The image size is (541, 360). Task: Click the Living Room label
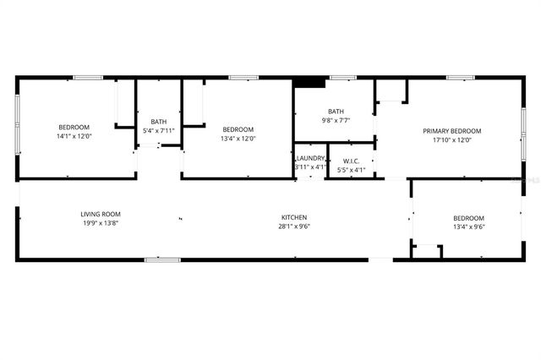pos(101,215)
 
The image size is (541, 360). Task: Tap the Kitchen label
pos(294,217)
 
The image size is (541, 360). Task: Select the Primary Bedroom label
pos(452,131)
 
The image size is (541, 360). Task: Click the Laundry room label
pos(310,158)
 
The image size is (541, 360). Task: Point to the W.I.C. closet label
pos(351,161)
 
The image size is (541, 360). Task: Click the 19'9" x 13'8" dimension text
pos(101,224)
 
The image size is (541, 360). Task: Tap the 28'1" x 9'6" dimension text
pos(294,226)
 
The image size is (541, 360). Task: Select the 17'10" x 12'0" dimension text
pos(452,140)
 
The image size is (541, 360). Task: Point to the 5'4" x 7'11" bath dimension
pos(158,130)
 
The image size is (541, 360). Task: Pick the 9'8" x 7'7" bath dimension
pos(336,121)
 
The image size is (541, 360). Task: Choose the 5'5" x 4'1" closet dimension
pos(351,170)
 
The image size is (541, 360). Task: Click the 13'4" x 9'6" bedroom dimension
pos(468,226)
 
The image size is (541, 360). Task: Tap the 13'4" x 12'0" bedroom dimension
pos(238,138)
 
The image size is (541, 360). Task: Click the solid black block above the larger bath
pos(309,83)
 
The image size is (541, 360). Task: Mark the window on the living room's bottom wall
pos(161,259)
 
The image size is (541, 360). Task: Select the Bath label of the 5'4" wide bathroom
pos(158,121)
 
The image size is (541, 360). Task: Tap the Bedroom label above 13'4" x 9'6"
pos(468,217)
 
